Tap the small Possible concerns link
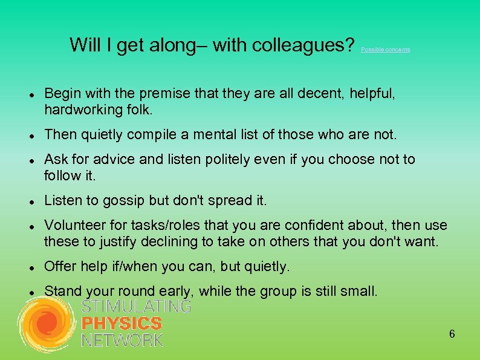pos(385,50)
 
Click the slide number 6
pos(452,335)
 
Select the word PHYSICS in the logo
pos(122,324)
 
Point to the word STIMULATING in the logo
pos(136,307)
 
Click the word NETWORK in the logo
pos(122,340)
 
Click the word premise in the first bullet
pos(163,94)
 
